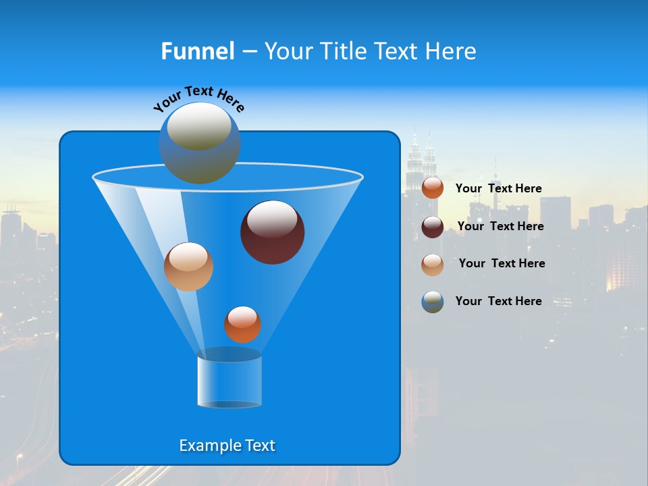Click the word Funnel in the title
pyautogui.click(x=197, y=51)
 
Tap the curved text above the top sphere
pyautogui.click(x=199, y=97)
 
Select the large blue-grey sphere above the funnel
pyautogui.click(x=199, y=142)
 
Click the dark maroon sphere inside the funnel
pyautogui.click(x=273, y=232)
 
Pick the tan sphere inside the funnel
pyautogui.click(x=188, y=267)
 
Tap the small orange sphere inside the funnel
pyautogui.click(x=242, y=324)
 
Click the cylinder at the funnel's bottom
pyautogui.click(x=229, y=380)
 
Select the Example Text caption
pyautogui.click(x=227, y=446)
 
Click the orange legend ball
pyautogui.click(x=433, y=188)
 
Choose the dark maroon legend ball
pyautogui.click(x=433, y=227)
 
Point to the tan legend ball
pyautogui.click(x=433, y=264)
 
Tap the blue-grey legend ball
pyautogui.click(x=433, y=302)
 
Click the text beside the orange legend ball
pyautogui.click(x=498, y=188)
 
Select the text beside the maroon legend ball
pyautogui.click(x=500, y=226)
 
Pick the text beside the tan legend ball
pyautogui.click(x=502, y=263)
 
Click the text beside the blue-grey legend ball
pyautogui.click(x=498, y=301)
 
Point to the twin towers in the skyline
pyautogui.click(x=421, y=162)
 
